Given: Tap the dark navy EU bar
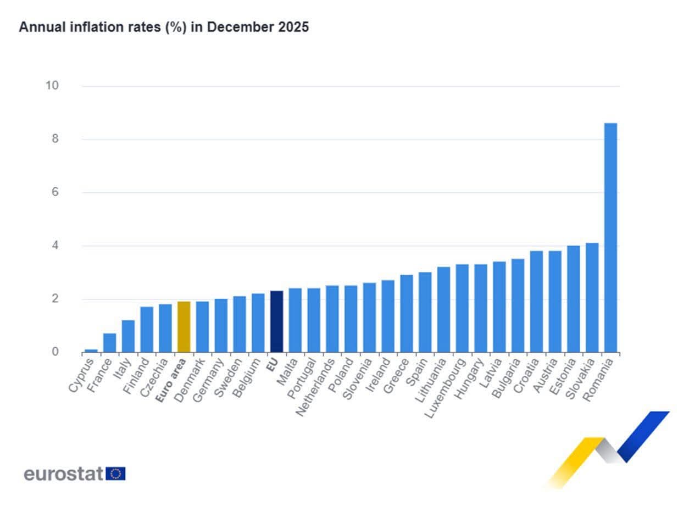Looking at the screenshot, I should [277, 321].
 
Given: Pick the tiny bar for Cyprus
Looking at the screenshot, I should [91, 350].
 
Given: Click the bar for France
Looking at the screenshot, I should [110, 343].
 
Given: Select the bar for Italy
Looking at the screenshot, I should [128, 336].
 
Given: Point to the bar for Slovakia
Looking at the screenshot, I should [592, 297].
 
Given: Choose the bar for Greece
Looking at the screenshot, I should [407, 313].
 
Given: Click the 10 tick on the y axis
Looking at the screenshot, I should [52, 86].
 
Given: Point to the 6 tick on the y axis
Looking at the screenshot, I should [55, 192].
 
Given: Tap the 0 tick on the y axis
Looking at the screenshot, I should [55, 352].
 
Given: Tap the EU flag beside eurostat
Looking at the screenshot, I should [115, 474].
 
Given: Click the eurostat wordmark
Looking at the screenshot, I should [63, 474].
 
